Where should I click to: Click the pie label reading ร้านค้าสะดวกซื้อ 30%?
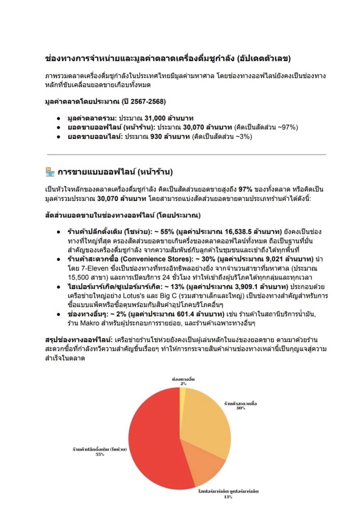[x=241, y=405]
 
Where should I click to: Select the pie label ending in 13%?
[x=226, y=493]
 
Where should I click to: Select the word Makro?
[x=83, y=323]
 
